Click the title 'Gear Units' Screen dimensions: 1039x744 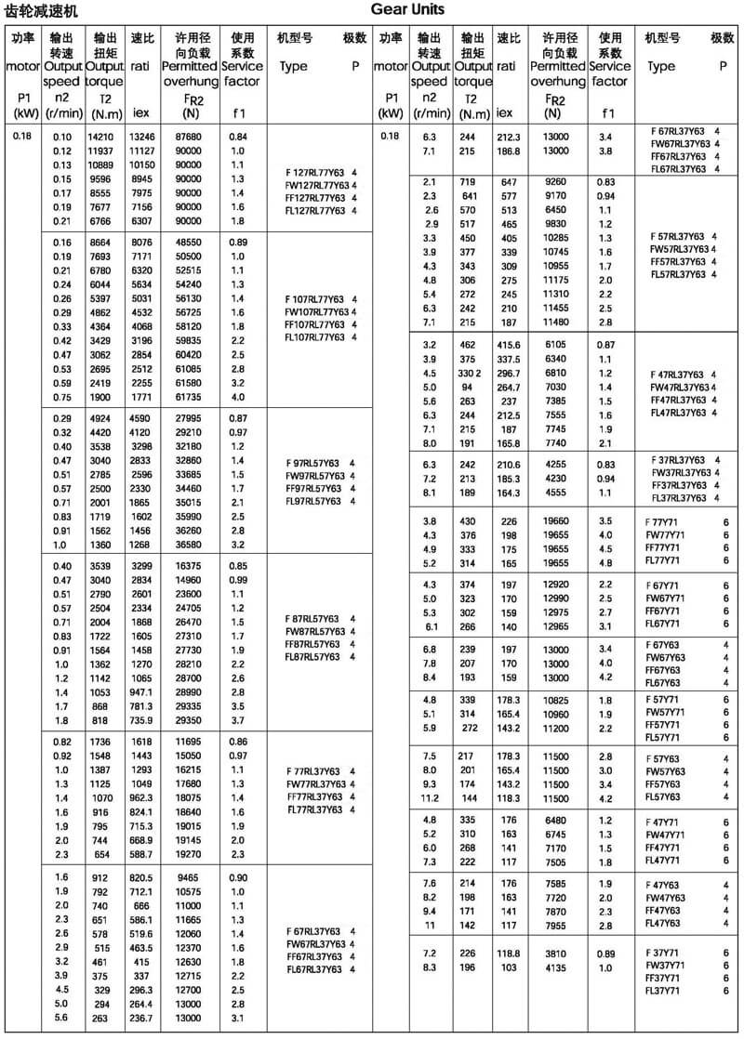407,10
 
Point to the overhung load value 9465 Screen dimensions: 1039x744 189,876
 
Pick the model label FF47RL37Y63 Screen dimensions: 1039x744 679,400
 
